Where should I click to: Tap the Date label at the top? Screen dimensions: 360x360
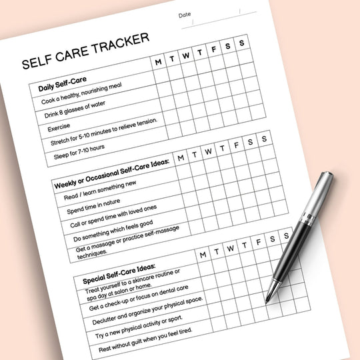click(x=184, y=15)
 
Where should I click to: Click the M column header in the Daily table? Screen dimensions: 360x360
click(x=159, y=62)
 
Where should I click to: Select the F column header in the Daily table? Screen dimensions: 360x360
click(x=213, y=49)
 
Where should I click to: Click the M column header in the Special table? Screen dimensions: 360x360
click(x=203, y=253)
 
